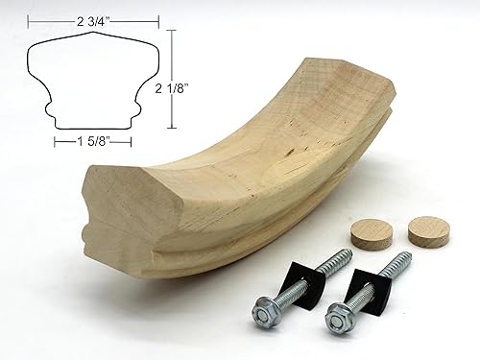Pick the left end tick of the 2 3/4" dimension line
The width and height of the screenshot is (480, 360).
[28, 19]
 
